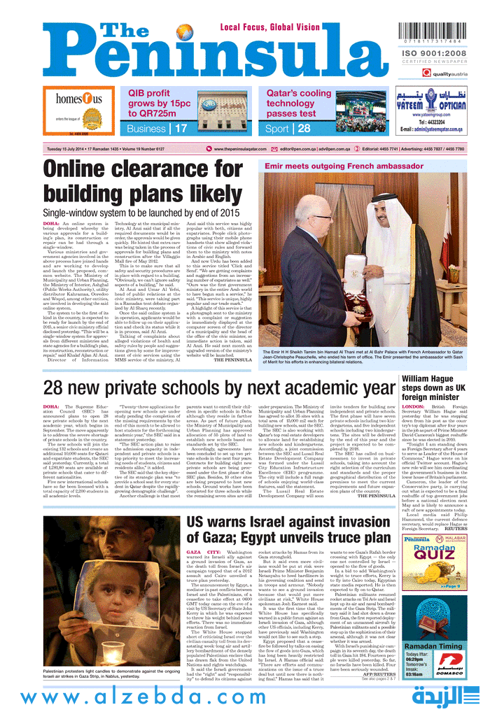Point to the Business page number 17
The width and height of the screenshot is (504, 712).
point(181,129)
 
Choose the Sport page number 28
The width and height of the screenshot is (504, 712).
point(304,129)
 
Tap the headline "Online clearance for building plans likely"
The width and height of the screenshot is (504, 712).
point(143,180)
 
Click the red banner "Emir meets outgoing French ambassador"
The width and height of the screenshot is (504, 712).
point(330,166)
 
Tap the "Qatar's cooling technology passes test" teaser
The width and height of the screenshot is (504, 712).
point(299,103)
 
